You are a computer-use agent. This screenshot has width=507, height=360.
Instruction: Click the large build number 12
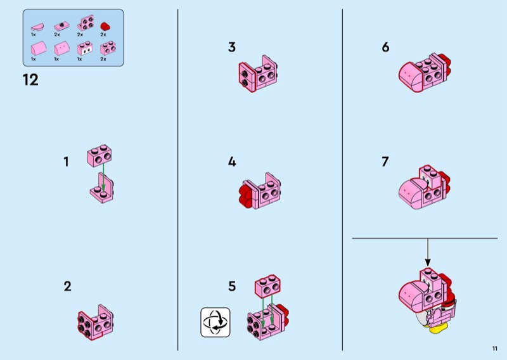[x=30, y=80]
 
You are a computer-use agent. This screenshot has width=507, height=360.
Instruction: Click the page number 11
[x=495, y=349]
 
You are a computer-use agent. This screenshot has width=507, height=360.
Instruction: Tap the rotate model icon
[x=215, y=322]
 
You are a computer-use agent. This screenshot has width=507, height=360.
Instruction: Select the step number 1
[x=67, y=162]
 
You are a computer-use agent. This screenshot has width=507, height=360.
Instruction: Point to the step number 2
[x=67, y=286]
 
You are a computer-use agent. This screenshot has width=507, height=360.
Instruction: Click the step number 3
[x=232, y=48]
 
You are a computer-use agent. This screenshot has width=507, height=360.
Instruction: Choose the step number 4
[x=232, y=162]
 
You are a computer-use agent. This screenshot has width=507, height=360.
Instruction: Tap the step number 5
[x=232, y=286]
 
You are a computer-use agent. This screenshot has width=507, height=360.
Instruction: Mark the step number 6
[x=385, y=48]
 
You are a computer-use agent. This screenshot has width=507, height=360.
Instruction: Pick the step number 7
[x=385, y=162]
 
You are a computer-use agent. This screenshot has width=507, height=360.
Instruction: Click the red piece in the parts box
[x=105, y=26]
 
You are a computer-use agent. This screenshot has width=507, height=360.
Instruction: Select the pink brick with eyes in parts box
[x=85, y=49]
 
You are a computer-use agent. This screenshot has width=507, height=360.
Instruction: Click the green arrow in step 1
[x=103, y=177]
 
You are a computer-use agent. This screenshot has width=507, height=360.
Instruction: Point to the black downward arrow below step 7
[x=428, y=253]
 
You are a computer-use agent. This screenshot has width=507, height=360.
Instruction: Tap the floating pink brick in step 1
[x=99, y=155]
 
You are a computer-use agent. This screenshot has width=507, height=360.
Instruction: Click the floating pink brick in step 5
[x=267, y=286]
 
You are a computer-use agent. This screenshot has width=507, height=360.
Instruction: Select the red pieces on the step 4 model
[x=246, y=193]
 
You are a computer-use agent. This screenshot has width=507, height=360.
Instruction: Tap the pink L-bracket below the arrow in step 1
[x=102, y=188]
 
